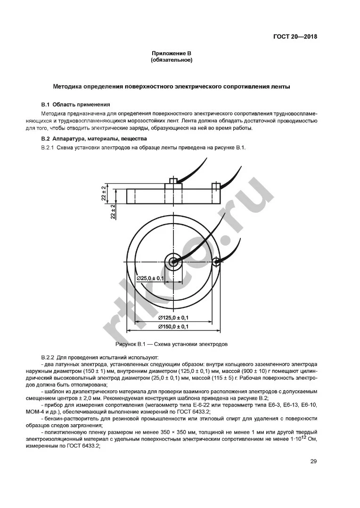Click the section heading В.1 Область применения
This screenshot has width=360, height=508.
75,104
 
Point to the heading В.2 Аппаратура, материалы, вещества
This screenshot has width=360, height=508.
94,139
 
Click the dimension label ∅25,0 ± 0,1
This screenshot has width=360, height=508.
150,279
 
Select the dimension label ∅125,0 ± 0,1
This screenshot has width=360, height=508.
173,317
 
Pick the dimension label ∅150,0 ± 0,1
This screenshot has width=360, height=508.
173,326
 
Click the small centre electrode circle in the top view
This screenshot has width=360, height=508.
173,261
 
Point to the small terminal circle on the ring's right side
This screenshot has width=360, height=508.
215,261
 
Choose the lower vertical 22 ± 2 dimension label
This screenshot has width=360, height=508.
113,212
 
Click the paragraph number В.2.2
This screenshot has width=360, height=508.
48,357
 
